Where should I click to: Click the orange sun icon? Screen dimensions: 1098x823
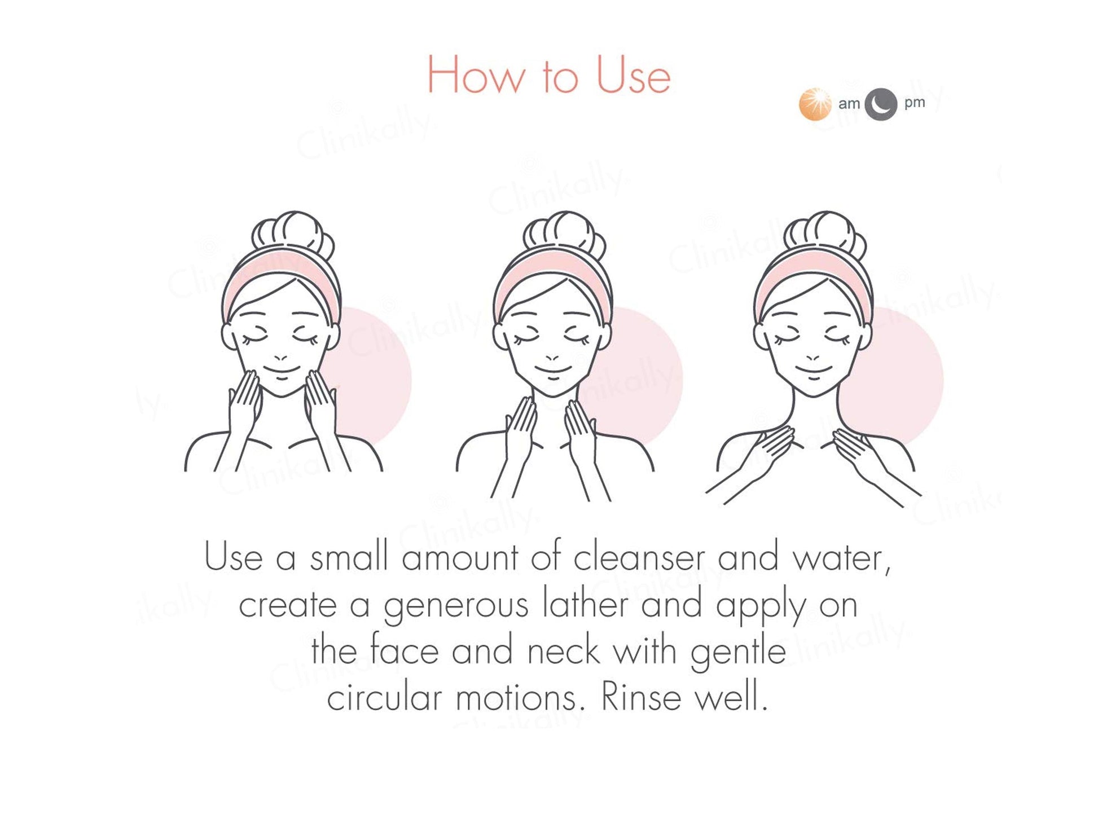[x=815, y=104]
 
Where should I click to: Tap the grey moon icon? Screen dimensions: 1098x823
[x=880, y=104]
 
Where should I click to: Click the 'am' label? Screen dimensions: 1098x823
[x=849, y=104]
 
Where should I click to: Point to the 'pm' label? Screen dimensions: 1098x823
[x=915, y=103]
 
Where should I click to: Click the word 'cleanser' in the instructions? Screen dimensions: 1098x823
[x=639, y=557]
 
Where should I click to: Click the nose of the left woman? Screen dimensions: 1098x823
[x=280, y=357]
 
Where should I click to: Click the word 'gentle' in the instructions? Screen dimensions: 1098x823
[x=738, y=653]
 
